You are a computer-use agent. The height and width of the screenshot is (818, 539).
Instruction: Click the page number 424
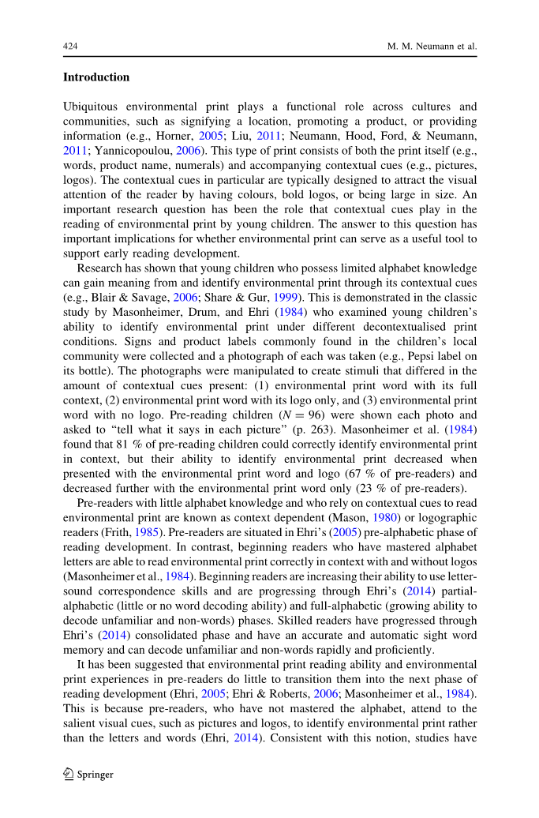[x=69, y=47]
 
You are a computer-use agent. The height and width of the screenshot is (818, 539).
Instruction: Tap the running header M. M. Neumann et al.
[x=432, y=47]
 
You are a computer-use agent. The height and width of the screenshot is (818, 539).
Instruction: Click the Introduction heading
[x=96, y=77]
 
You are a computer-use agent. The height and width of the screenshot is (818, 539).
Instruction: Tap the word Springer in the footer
[x=95, y=775]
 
